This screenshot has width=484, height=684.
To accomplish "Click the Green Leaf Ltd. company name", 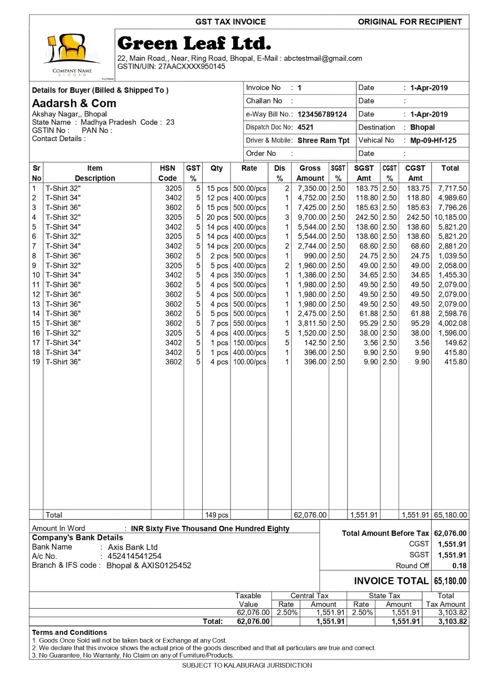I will pyautogui.click(x=194, y=44).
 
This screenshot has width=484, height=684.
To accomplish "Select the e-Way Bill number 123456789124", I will pyautogui.click(x=322, y=115).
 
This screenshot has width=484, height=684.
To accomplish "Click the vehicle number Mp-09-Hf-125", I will pyautogui.click(x=433, y=141).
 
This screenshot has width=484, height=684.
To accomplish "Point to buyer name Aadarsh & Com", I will pyautogui.click(x=74, y=103).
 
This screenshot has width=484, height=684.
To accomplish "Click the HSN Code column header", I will pyautogui.click(x=167, y=173).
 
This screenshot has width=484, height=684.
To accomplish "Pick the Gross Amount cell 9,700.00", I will pyautogui.click(x=312, y=217).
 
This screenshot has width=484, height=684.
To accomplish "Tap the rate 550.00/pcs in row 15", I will pyautogui.click(x=249, y=324).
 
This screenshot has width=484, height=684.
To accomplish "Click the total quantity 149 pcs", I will pyautogui.click(x=217, y=515).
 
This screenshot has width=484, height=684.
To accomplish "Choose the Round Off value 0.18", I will pyautogui.click(x=459, y=566).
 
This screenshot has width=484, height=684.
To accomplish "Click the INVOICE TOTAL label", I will pyautogui.click(x=391, y=581).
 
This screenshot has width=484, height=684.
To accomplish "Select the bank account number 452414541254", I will pyautogui.click(x=134, y=556).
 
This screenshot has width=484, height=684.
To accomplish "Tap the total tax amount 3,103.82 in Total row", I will pyautogui.click(x=452, y=622).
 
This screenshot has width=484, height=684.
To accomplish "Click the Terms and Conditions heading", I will pyautogui.click(x=69, y=633).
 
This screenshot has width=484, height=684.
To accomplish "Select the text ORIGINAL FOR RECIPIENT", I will pyautogui.click(x=410, y=22).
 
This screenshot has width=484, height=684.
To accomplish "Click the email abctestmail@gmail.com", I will pyautogui.click(x=323, y=59).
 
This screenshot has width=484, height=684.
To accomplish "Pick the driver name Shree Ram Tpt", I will pyautogui.click(x=323, y=141).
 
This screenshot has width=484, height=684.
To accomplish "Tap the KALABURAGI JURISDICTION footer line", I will pyautogui.click(x=247, y=666).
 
